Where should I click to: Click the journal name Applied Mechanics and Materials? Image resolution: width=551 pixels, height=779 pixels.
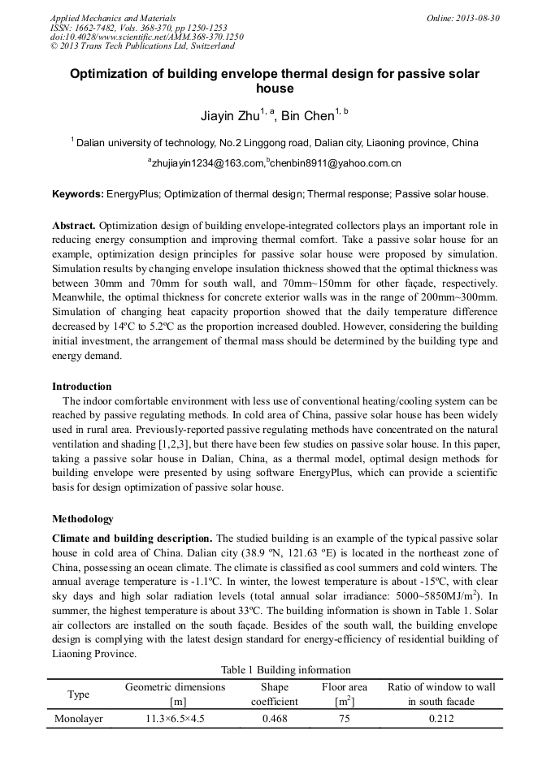[112, 17]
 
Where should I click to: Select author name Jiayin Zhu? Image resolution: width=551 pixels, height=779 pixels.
[230, 115]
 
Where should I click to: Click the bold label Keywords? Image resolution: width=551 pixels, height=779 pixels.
[78, 195]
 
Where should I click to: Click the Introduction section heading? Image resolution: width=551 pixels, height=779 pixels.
[82, 386]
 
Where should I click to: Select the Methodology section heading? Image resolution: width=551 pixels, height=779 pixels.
[83, 518]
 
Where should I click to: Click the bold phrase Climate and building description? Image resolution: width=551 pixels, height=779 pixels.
[132, 538]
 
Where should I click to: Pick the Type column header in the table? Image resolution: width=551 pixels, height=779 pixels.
[79, 694]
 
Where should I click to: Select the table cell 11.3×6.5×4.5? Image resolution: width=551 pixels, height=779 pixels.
[175, 719]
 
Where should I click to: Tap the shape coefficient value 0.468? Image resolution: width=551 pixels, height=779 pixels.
[275, 719]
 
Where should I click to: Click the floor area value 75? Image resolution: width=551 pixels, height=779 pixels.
[345, 719]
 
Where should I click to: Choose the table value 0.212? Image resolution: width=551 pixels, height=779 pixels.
[440, 719]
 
